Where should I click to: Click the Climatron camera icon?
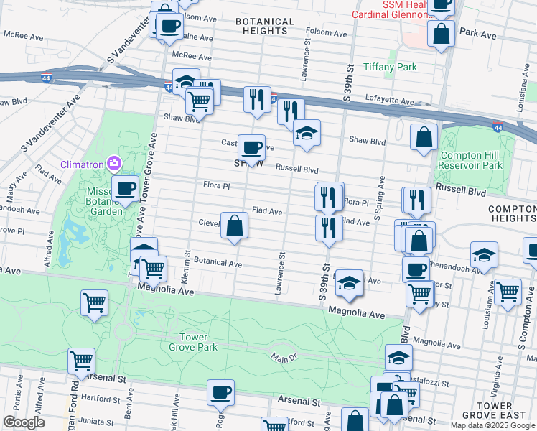tap(113, 164)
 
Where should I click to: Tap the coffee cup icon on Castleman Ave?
tap(251, 148)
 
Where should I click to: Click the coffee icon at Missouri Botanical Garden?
tap(125, 189)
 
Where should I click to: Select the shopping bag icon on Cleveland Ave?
tap(234, 226)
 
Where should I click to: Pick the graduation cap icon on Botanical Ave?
tap(349, 283)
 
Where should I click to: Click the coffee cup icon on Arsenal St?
tap(220, 392)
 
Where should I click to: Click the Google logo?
tap(24, 422)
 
